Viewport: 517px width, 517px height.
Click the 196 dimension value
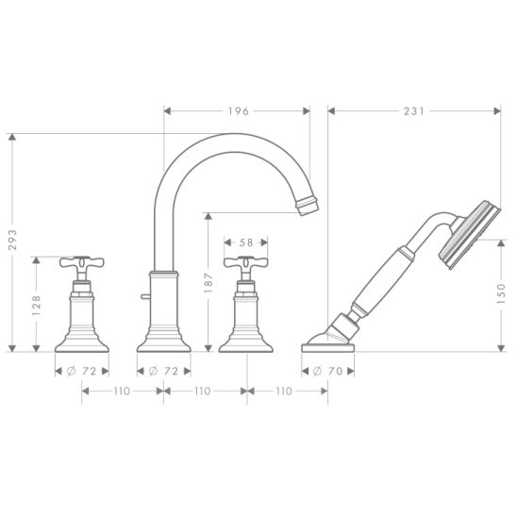[239, 111]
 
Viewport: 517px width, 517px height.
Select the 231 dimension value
[414, 111]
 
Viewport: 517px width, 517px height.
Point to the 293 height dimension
[12, 240]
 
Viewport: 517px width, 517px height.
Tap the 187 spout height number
[208, 283]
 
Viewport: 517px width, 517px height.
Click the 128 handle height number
[36, 305]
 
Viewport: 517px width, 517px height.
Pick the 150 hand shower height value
[501, 293]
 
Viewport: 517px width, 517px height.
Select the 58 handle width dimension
[246, 242]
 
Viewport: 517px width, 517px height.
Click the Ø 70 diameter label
[328, 372]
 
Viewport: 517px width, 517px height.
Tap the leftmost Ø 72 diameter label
[82, 372]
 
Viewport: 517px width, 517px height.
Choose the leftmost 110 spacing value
[122, 391]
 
